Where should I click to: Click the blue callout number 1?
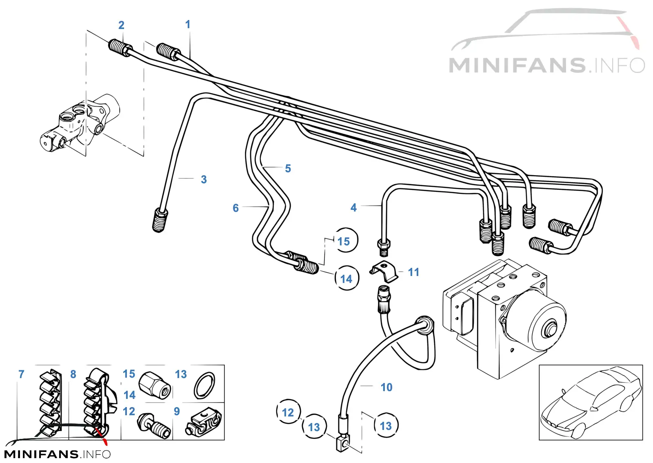(188, 24)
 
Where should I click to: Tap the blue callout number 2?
(121, 25)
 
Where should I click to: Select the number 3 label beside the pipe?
(204, 179)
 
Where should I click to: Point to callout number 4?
(353, 207)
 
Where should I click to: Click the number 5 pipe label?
(288, 169)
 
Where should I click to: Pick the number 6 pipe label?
(235, 208)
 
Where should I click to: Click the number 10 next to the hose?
(386, 387)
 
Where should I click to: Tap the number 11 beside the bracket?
(413, 272)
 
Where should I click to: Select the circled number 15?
(346, 240)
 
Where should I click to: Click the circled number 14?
(346, 278)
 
